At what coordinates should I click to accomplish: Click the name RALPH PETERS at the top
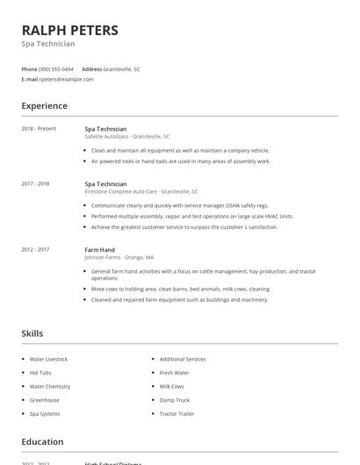point(69,31)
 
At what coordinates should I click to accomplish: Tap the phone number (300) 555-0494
point(57,68)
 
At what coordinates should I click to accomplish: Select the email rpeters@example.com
point(66,79)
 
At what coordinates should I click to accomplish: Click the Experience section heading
point(45,106)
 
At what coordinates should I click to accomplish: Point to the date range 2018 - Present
point(39,128)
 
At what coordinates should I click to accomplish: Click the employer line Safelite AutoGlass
point(127,137)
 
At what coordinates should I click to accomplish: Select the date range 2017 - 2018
point(35,184)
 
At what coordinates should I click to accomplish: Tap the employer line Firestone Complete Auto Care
point(141,191)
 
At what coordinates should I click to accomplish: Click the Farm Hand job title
point(99,250)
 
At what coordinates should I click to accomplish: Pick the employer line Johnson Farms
point(119,258)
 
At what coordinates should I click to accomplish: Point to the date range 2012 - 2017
point(35,250)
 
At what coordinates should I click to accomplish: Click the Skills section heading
point(32,333)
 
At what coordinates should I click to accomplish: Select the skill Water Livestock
point(48,359)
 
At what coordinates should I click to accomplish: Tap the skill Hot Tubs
point(40,373)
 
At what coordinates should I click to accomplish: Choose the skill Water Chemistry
point(50,386)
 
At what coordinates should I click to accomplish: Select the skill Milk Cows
point(171,386)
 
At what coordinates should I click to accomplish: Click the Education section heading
point(42,442)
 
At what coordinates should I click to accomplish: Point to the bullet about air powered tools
point(181,161)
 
